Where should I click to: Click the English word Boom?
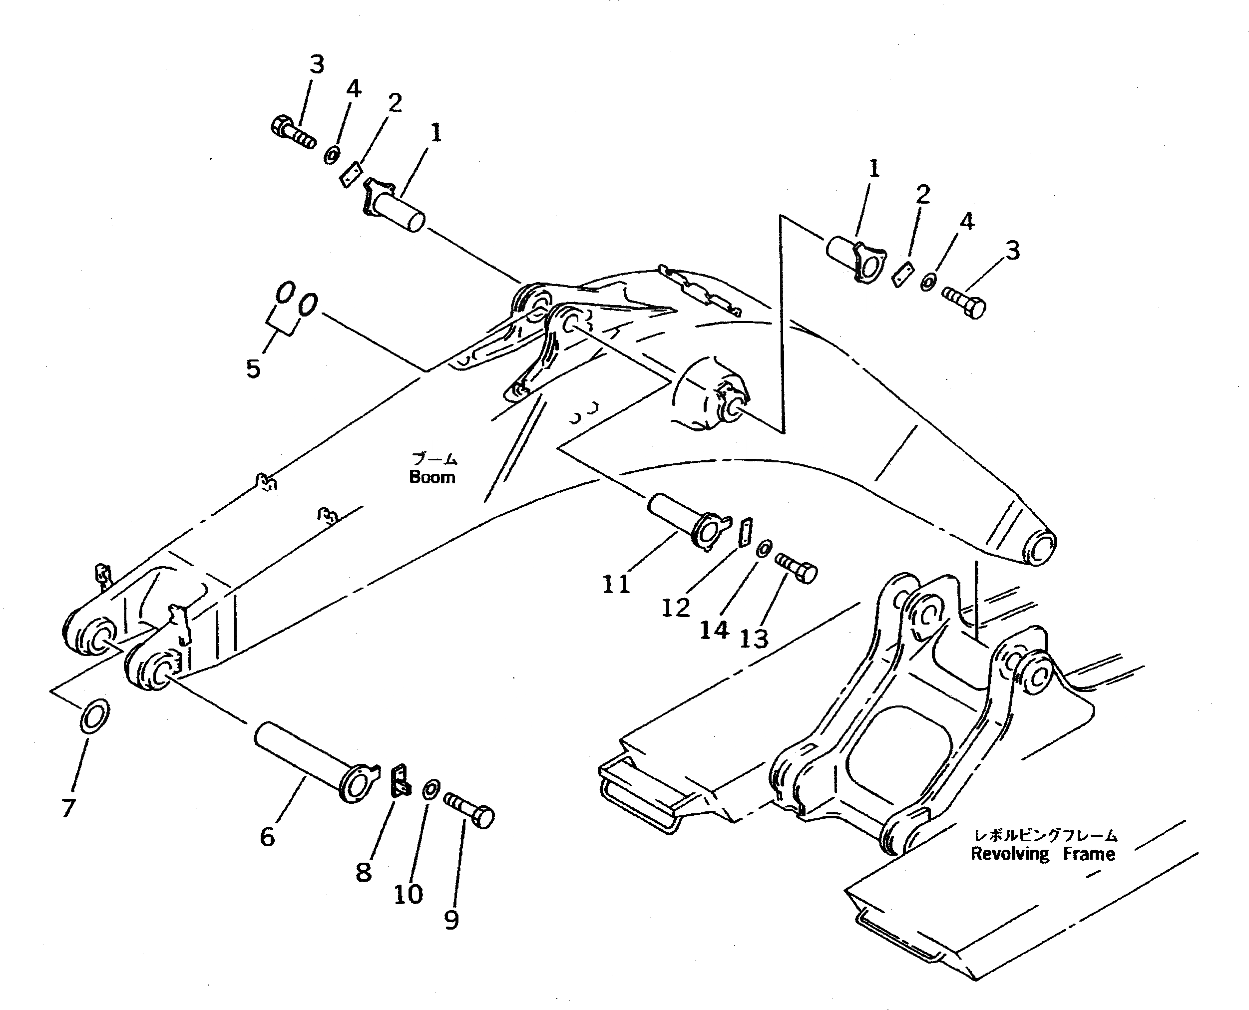(432, 477)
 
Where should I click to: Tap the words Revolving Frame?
(1043, 854)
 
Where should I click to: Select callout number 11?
(616, 584)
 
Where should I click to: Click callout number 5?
(253, 368)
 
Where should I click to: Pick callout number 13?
(754, 639)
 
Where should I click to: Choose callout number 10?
(408, 894)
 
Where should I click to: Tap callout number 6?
(267, 837)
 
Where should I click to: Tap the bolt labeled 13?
(796, 568)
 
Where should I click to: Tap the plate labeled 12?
(745, 532)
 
